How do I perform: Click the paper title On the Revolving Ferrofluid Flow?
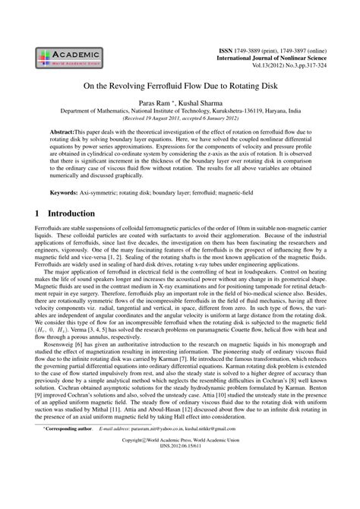click(x=180, y=87)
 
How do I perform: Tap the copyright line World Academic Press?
click(x=180, y=484)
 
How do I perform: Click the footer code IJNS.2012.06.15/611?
click(x=180, y=492)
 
